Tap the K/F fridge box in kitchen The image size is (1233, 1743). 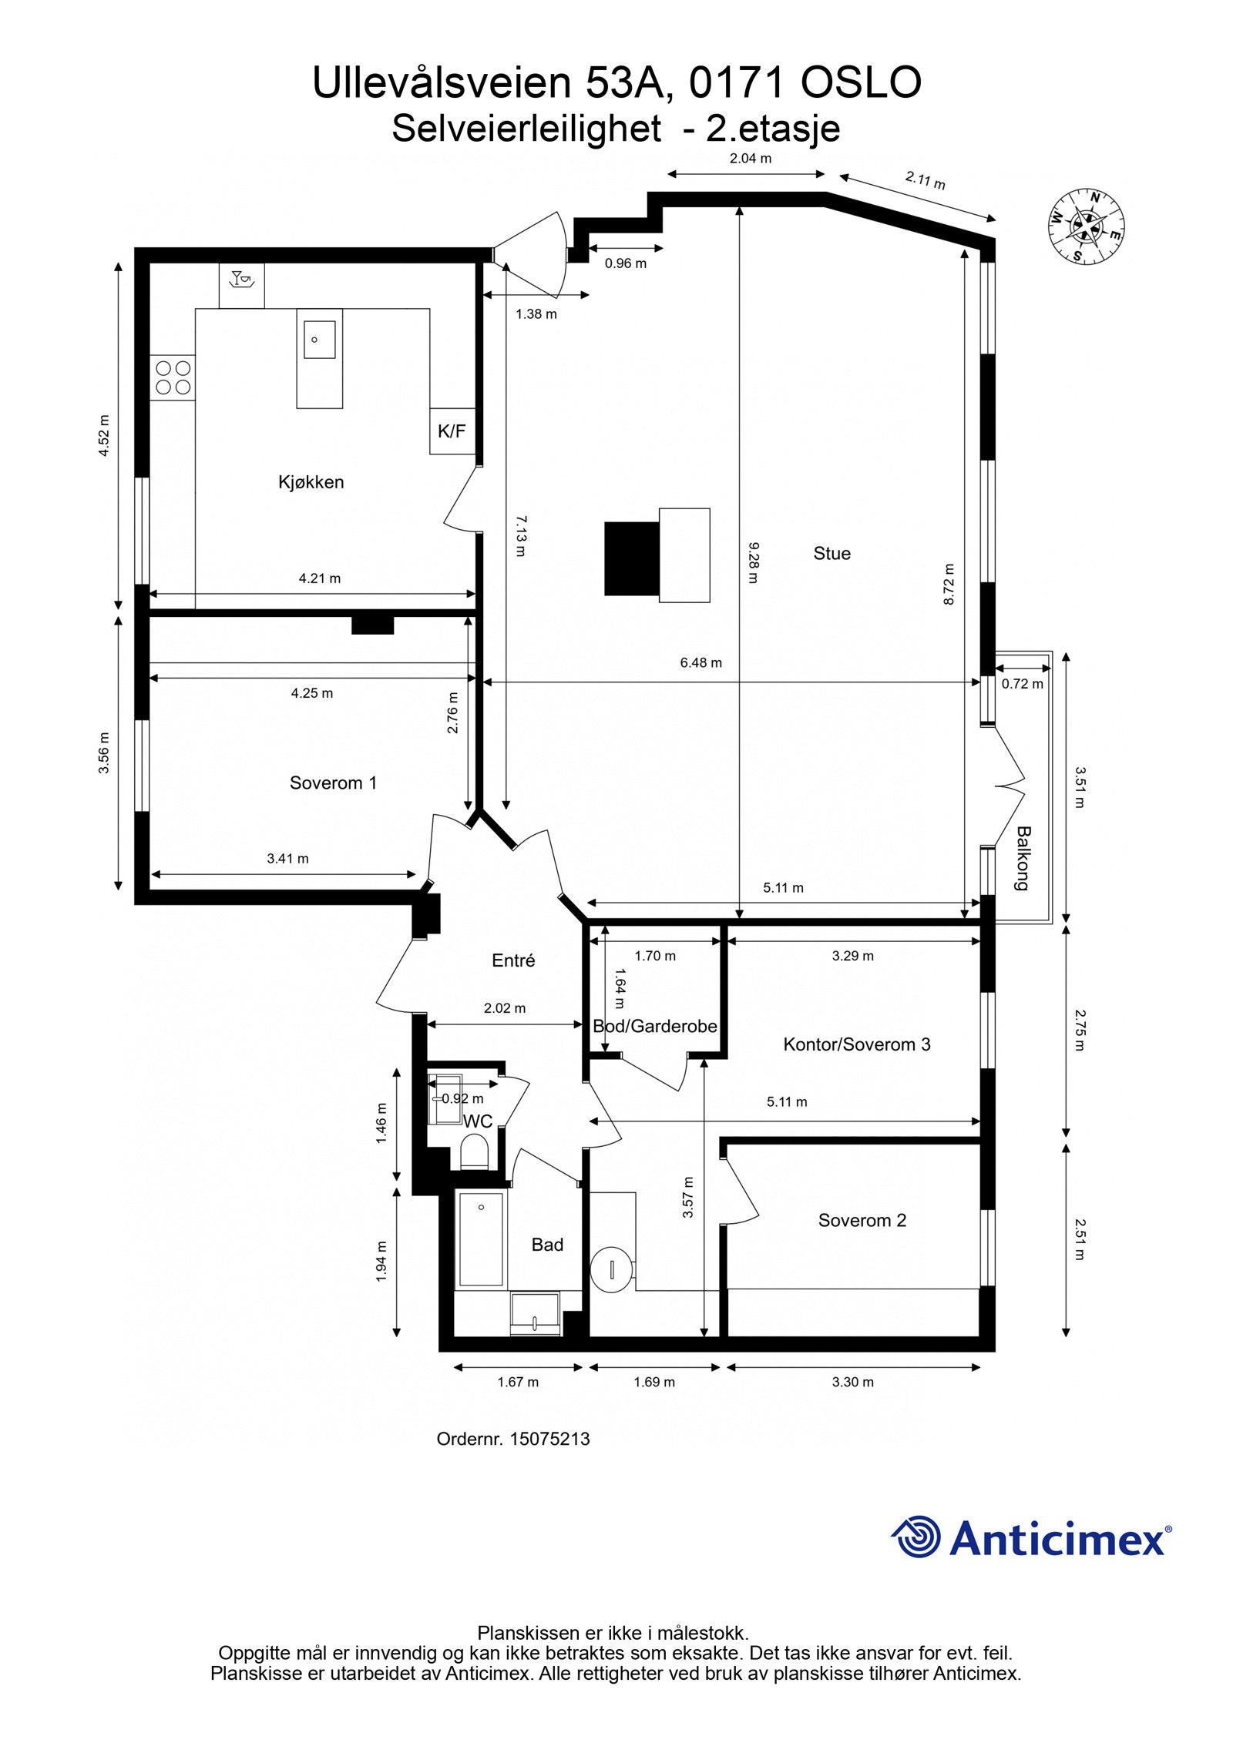pyautogui.click(x=452, y=431)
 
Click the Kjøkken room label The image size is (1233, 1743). pyautogui.click(x=311, y=482)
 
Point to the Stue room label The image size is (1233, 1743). pyautogui.click(x=832, y=553)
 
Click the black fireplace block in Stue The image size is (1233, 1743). pyautogui.click(x=631, y=558)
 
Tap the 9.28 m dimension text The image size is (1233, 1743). pyautogui.click(x=753, y=562)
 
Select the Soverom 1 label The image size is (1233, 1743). pyautogui.click(x=333, y=783)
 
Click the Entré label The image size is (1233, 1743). pyautogui.click(x=513, y=960)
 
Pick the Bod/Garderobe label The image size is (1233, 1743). pyautogui.click(x=654, y=1026)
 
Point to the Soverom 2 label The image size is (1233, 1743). pyautogui.click(x=862, y=1220)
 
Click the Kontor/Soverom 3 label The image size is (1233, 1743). pyautogui.click(x=856, y=1044)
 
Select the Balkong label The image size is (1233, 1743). pyautogui.click(x=1023, y=859)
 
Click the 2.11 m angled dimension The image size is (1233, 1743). pyautogui.click(x=924, y=181)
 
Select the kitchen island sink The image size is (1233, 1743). pyautogui.click(x=318, y=340)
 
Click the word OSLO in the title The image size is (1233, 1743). pyautogui.click(x=861, y=83)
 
